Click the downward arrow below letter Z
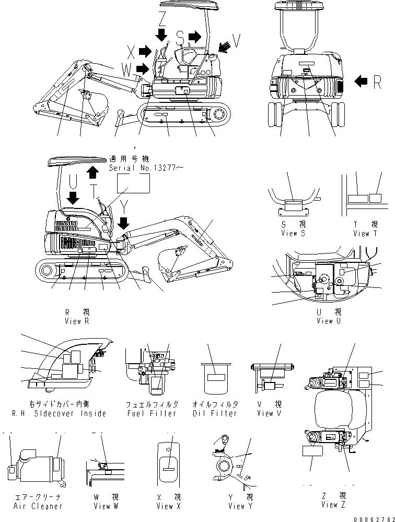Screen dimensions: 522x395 [x=162, y=34]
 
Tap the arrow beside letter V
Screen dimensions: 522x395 [x=224, y=48]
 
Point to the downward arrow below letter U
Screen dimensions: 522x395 [x=74, y=198]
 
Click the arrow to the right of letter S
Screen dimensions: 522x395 [x=195, y=36]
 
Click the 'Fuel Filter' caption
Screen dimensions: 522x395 [x=152, y=413]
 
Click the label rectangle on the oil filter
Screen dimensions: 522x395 [x=215, y=377]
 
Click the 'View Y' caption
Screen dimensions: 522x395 [x=240, y=506]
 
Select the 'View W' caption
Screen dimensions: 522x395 [x=106, y=506]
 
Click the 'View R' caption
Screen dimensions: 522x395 [x=76, y=321]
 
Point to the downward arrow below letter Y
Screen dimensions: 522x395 [x=123, y=223]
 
